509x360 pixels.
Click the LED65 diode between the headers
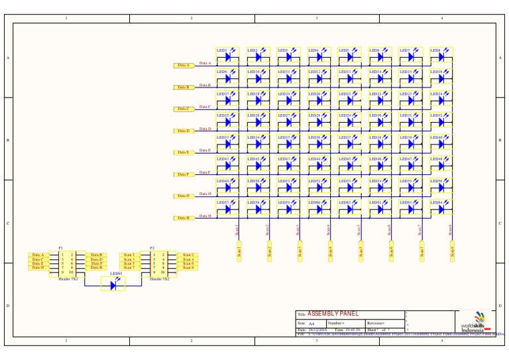(115, 284)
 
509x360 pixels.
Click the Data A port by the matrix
(184, 66)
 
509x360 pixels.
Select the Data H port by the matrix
(184, 217)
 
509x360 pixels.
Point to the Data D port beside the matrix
(184, 131)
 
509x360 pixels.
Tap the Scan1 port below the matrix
(239, 251)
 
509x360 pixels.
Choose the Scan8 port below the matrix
(452, 251)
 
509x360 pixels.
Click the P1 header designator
(61, 247)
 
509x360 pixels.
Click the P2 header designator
(152, 247)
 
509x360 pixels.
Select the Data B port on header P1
(96, 255)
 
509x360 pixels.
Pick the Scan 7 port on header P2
(129, 267)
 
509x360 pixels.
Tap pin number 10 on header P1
(71, 272)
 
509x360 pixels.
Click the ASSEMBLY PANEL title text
(333, 314)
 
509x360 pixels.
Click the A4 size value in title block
(312, 323)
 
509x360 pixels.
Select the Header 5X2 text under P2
(159, 279)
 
